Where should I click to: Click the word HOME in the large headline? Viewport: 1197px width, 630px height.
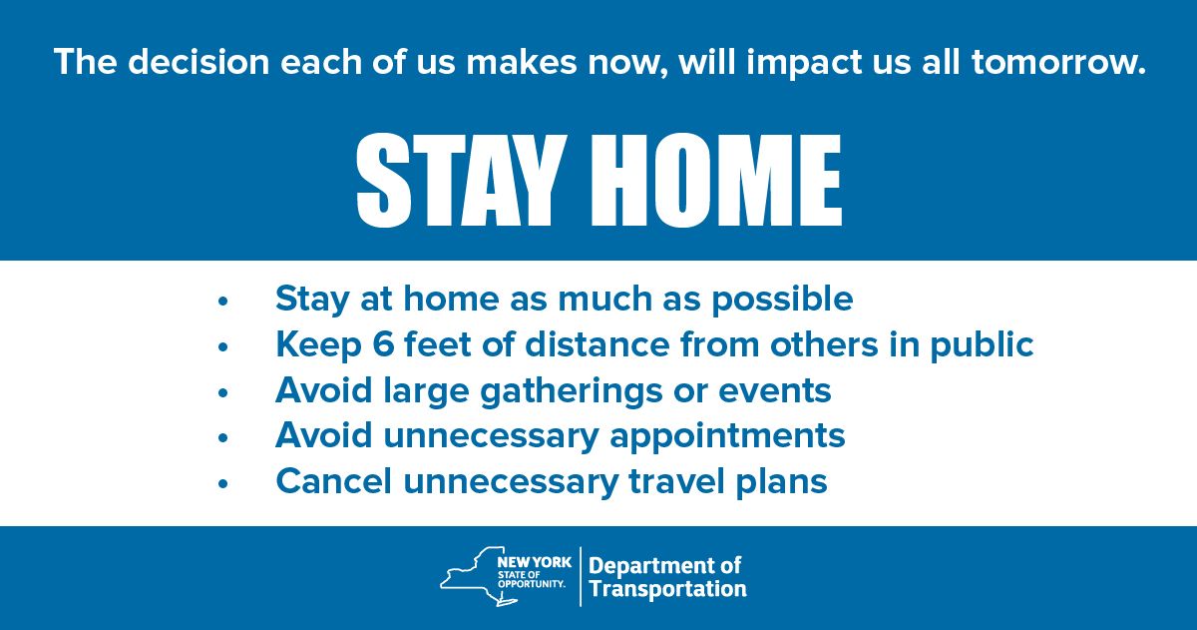[717, 181]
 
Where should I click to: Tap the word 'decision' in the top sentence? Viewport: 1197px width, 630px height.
[199, 62]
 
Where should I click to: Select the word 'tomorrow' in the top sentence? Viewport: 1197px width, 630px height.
[1052, 62]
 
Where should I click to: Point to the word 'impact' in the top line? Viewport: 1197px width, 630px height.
[805, 63]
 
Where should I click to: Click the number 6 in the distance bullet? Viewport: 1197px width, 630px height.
[383, 343]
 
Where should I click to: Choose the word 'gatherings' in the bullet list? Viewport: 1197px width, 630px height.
[572, 391]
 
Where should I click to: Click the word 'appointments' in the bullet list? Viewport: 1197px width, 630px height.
[727, 437]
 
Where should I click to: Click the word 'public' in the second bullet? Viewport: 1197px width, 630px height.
[982, 344]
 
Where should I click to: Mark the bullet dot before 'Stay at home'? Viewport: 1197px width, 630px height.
[222, 302]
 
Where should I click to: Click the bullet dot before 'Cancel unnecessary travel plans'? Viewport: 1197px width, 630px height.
[222, 484]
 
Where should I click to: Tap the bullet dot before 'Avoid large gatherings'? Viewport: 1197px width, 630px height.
[222, 393]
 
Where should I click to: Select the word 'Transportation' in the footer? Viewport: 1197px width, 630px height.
[667, 589]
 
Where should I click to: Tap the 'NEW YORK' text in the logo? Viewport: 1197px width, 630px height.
[534, 562]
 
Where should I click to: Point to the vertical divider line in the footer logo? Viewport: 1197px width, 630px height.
[581, 576]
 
